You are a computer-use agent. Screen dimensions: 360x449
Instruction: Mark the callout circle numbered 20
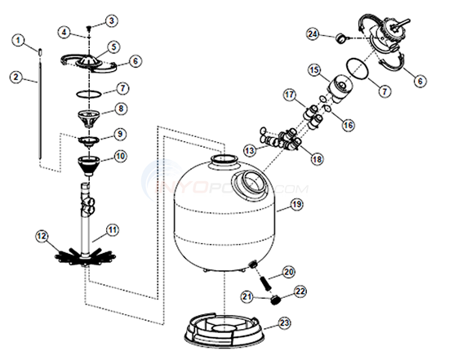coord(287,271)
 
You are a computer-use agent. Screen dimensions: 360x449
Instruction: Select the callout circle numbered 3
coord(113,20)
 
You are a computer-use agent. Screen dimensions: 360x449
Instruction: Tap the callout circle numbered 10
coord(119,155)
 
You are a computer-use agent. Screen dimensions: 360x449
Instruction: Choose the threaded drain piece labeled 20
coord(263,277)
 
